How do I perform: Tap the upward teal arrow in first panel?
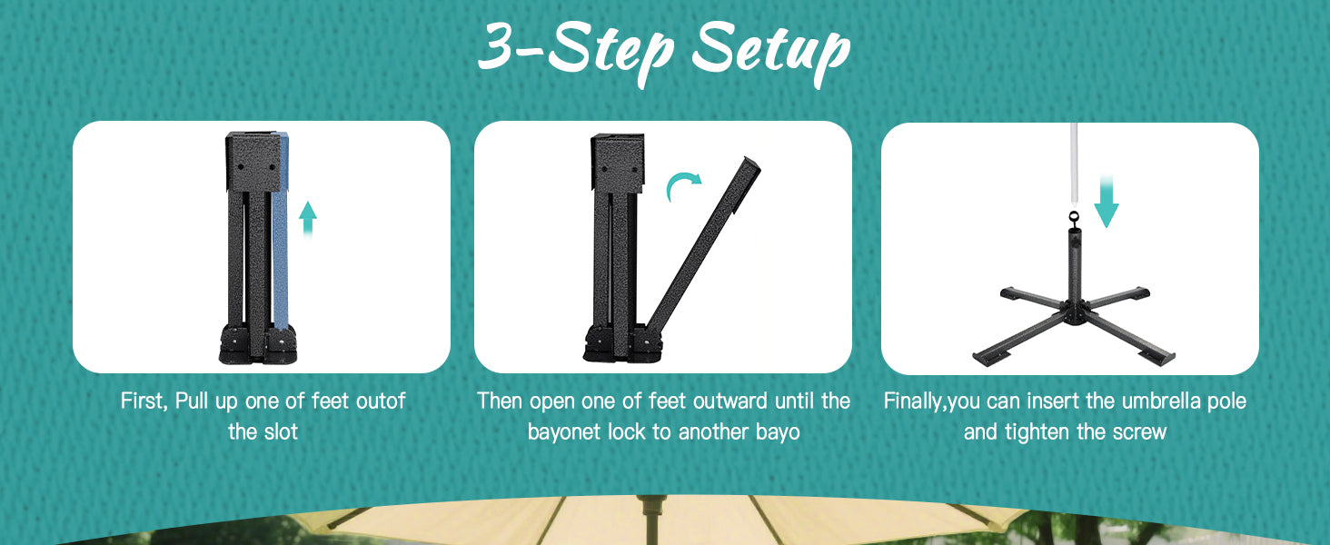(x=308, y=218)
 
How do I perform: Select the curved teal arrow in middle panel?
(x=683, y=186)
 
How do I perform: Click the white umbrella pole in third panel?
(x=1075, y=163)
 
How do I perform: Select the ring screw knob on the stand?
(x=1075, y=218)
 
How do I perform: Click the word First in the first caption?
(x=143, y=401)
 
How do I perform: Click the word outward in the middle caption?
(x=730, y=401)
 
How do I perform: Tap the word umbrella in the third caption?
(x=1163, y=401)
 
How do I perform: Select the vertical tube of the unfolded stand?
(x=1075, y=268)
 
